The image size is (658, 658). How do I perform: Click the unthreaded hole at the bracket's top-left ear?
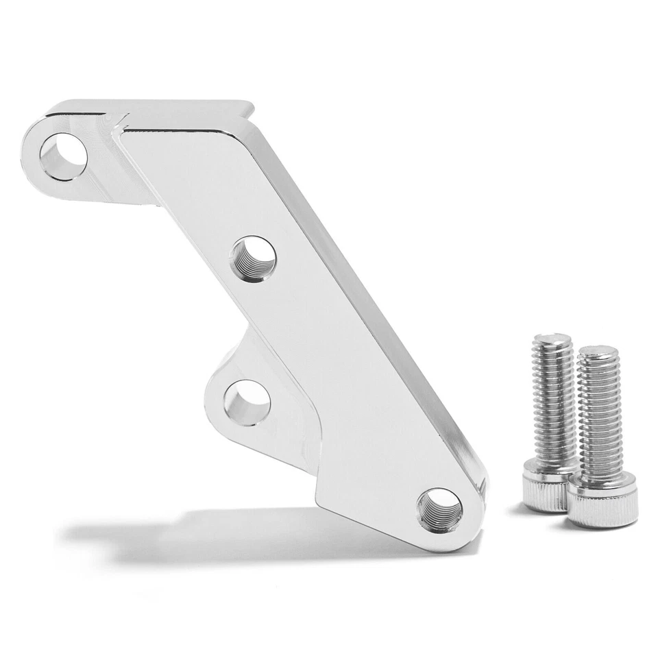click(63, 153)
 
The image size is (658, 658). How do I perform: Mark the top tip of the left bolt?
click(552, 337)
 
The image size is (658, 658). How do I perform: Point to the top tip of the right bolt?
click(598, 350)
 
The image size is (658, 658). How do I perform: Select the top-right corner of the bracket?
click(249, 107)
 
